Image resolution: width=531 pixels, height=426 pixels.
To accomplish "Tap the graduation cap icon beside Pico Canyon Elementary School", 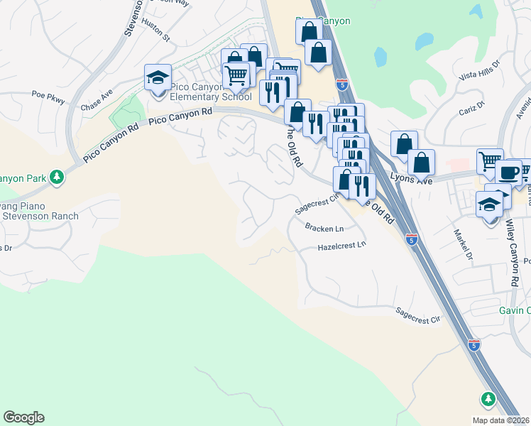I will click(x=158, y=78).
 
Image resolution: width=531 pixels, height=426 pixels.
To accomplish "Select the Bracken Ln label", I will click(x=324, y=229).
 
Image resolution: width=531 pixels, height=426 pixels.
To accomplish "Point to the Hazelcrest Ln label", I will click(x=342, y=246).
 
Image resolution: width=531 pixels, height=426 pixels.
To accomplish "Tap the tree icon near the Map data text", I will click(x=488, y=399).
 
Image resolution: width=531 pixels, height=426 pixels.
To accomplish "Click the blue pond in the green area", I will click(x=381, y=56).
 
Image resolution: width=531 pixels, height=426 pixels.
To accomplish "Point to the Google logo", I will click(x=23, y=417).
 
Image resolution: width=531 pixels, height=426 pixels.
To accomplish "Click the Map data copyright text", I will click(x=501, y=420).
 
